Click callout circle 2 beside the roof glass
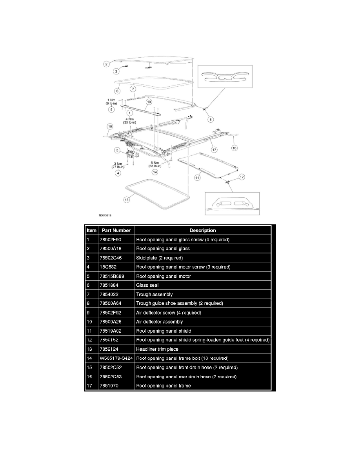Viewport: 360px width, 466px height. click(x=106, y=64)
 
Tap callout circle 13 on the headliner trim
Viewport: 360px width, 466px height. click(x=126, y=200)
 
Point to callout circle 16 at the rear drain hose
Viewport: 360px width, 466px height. click(x=235, y=148)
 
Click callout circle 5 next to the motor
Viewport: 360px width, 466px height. click(x=117, y=150)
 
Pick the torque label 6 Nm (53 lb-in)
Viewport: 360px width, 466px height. click(x=155, y=165)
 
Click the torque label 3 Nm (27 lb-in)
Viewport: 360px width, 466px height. click(x=118, y=165)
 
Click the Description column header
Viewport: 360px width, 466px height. click(x=202, y=230)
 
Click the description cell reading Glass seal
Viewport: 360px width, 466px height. click(x=145, y=285)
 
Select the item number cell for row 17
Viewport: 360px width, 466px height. click(x=89, y=386)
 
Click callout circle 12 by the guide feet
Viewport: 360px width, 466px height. click(x=242, y=177)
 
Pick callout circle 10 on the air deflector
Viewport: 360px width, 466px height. click(x=148, y=102)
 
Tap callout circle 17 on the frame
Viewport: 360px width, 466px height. click(x=214, y=149)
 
